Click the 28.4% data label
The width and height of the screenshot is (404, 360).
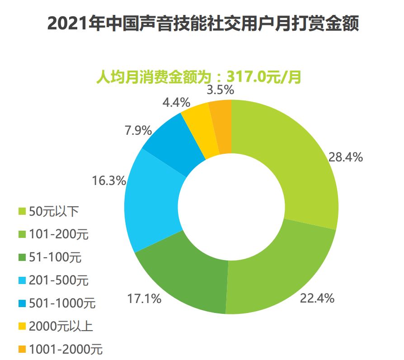(x=346, y=157)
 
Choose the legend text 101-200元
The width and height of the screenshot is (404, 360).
(x=59, y=234)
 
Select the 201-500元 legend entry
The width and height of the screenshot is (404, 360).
(x=59, y=280)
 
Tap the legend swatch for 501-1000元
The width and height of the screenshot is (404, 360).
(x=22, y=303)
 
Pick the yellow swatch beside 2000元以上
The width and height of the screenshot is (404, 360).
(x=22, y=326)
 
